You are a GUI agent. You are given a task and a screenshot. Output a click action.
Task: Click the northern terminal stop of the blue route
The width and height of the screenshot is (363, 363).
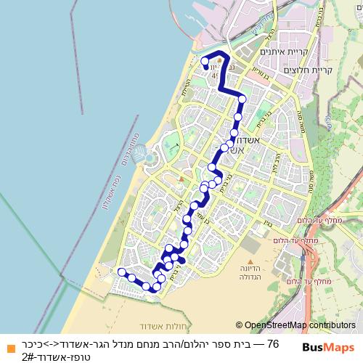point(205,60)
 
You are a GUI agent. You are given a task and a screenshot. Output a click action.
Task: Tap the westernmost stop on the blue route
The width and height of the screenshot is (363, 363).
point(122,272)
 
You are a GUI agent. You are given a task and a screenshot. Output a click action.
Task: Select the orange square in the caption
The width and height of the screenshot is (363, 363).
point(8,343)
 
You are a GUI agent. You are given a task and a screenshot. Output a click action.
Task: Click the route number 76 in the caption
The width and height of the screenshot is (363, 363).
point(273,343)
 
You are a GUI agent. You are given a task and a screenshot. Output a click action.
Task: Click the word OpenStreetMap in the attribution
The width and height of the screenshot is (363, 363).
point(280,326)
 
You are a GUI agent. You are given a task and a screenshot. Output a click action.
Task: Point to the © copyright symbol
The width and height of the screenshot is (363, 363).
point(240,326)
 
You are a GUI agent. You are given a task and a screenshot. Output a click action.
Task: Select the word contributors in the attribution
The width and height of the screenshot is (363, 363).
point(335,326)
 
